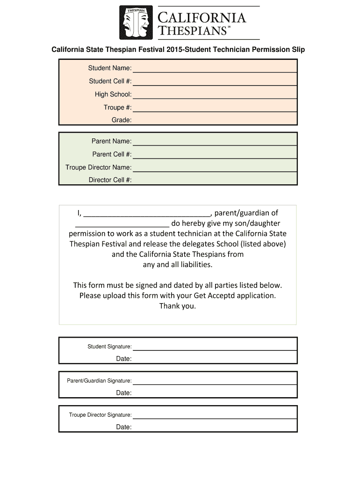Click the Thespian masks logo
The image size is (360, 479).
(x=136, y=22)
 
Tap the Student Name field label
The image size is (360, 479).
(x=110, y=68)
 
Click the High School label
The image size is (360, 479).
(x=113, y=94)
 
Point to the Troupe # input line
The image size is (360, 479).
(x=215, y=111)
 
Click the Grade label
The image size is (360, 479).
(x=121, y=120)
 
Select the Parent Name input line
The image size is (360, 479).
(x=215, y=145)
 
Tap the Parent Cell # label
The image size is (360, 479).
(x=112, y=154)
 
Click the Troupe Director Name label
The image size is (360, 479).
(x=98, y=167)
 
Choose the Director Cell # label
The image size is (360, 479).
(x=110, y=180)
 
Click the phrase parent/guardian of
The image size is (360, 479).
(x=246, y=213)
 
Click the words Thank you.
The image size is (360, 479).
(x=178, y=306)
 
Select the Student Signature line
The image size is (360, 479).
(x=215, y=349)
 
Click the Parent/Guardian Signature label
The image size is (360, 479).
(x=99, y=381)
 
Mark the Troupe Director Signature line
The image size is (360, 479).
(x=215, y=418)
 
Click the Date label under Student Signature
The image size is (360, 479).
(x=124, y=359)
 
